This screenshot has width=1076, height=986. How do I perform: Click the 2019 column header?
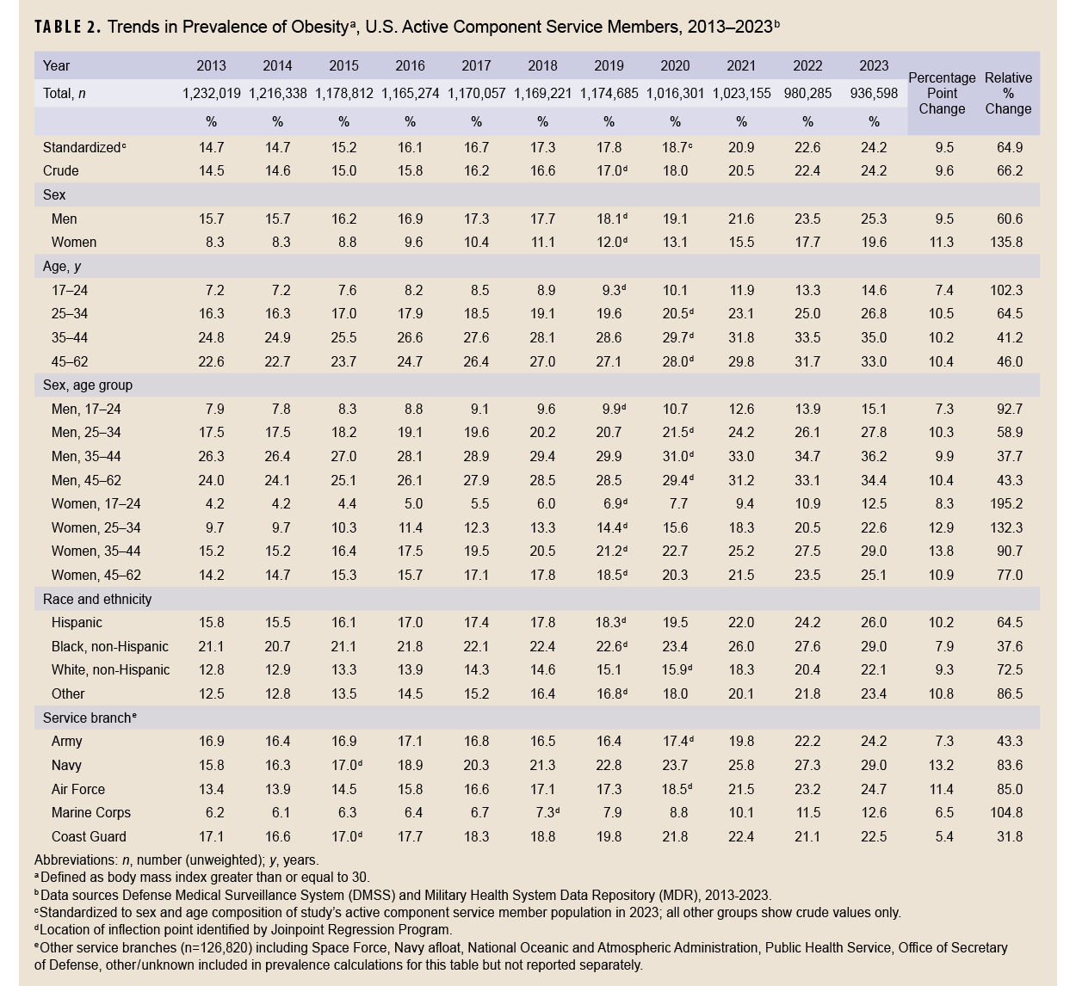click(x=609, y=65)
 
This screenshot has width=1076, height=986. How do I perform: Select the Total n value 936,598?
click(x=874, y=94)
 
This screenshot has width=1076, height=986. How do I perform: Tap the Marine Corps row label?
click(x=90, y=812)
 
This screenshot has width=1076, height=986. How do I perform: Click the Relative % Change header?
click(x=1008, y=93)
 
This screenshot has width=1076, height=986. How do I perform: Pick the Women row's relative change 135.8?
click(x=1008, y=243)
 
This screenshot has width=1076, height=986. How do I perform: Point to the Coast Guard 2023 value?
click(x=874, y=836)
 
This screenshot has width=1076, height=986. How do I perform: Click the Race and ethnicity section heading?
click(x=97, y=599)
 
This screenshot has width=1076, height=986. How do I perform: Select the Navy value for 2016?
click(x=410, y=765)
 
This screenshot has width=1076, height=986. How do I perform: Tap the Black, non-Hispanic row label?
click(x=109, y=646)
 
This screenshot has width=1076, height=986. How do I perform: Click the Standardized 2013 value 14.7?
click(x=211, y=147)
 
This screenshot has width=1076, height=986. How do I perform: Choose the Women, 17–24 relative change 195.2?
click(x=1008, y=503)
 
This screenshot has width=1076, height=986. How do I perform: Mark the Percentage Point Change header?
click(x=942, y=93)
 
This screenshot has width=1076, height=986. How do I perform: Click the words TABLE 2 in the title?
click(x=67, y=27)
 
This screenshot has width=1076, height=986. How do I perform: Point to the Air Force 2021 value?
click(x=741, y=789)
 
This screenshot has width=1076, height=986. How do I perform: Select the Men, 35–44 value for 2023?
click(x=874, y=456)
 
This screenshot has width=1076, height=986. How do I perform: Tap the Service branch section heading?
click(x=90, y=718)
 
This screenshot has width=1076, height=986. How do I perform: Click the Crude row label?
click(x=60, y=171)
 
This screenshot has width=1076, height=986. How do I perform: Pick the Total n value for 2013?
click(x=211, y=94)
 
